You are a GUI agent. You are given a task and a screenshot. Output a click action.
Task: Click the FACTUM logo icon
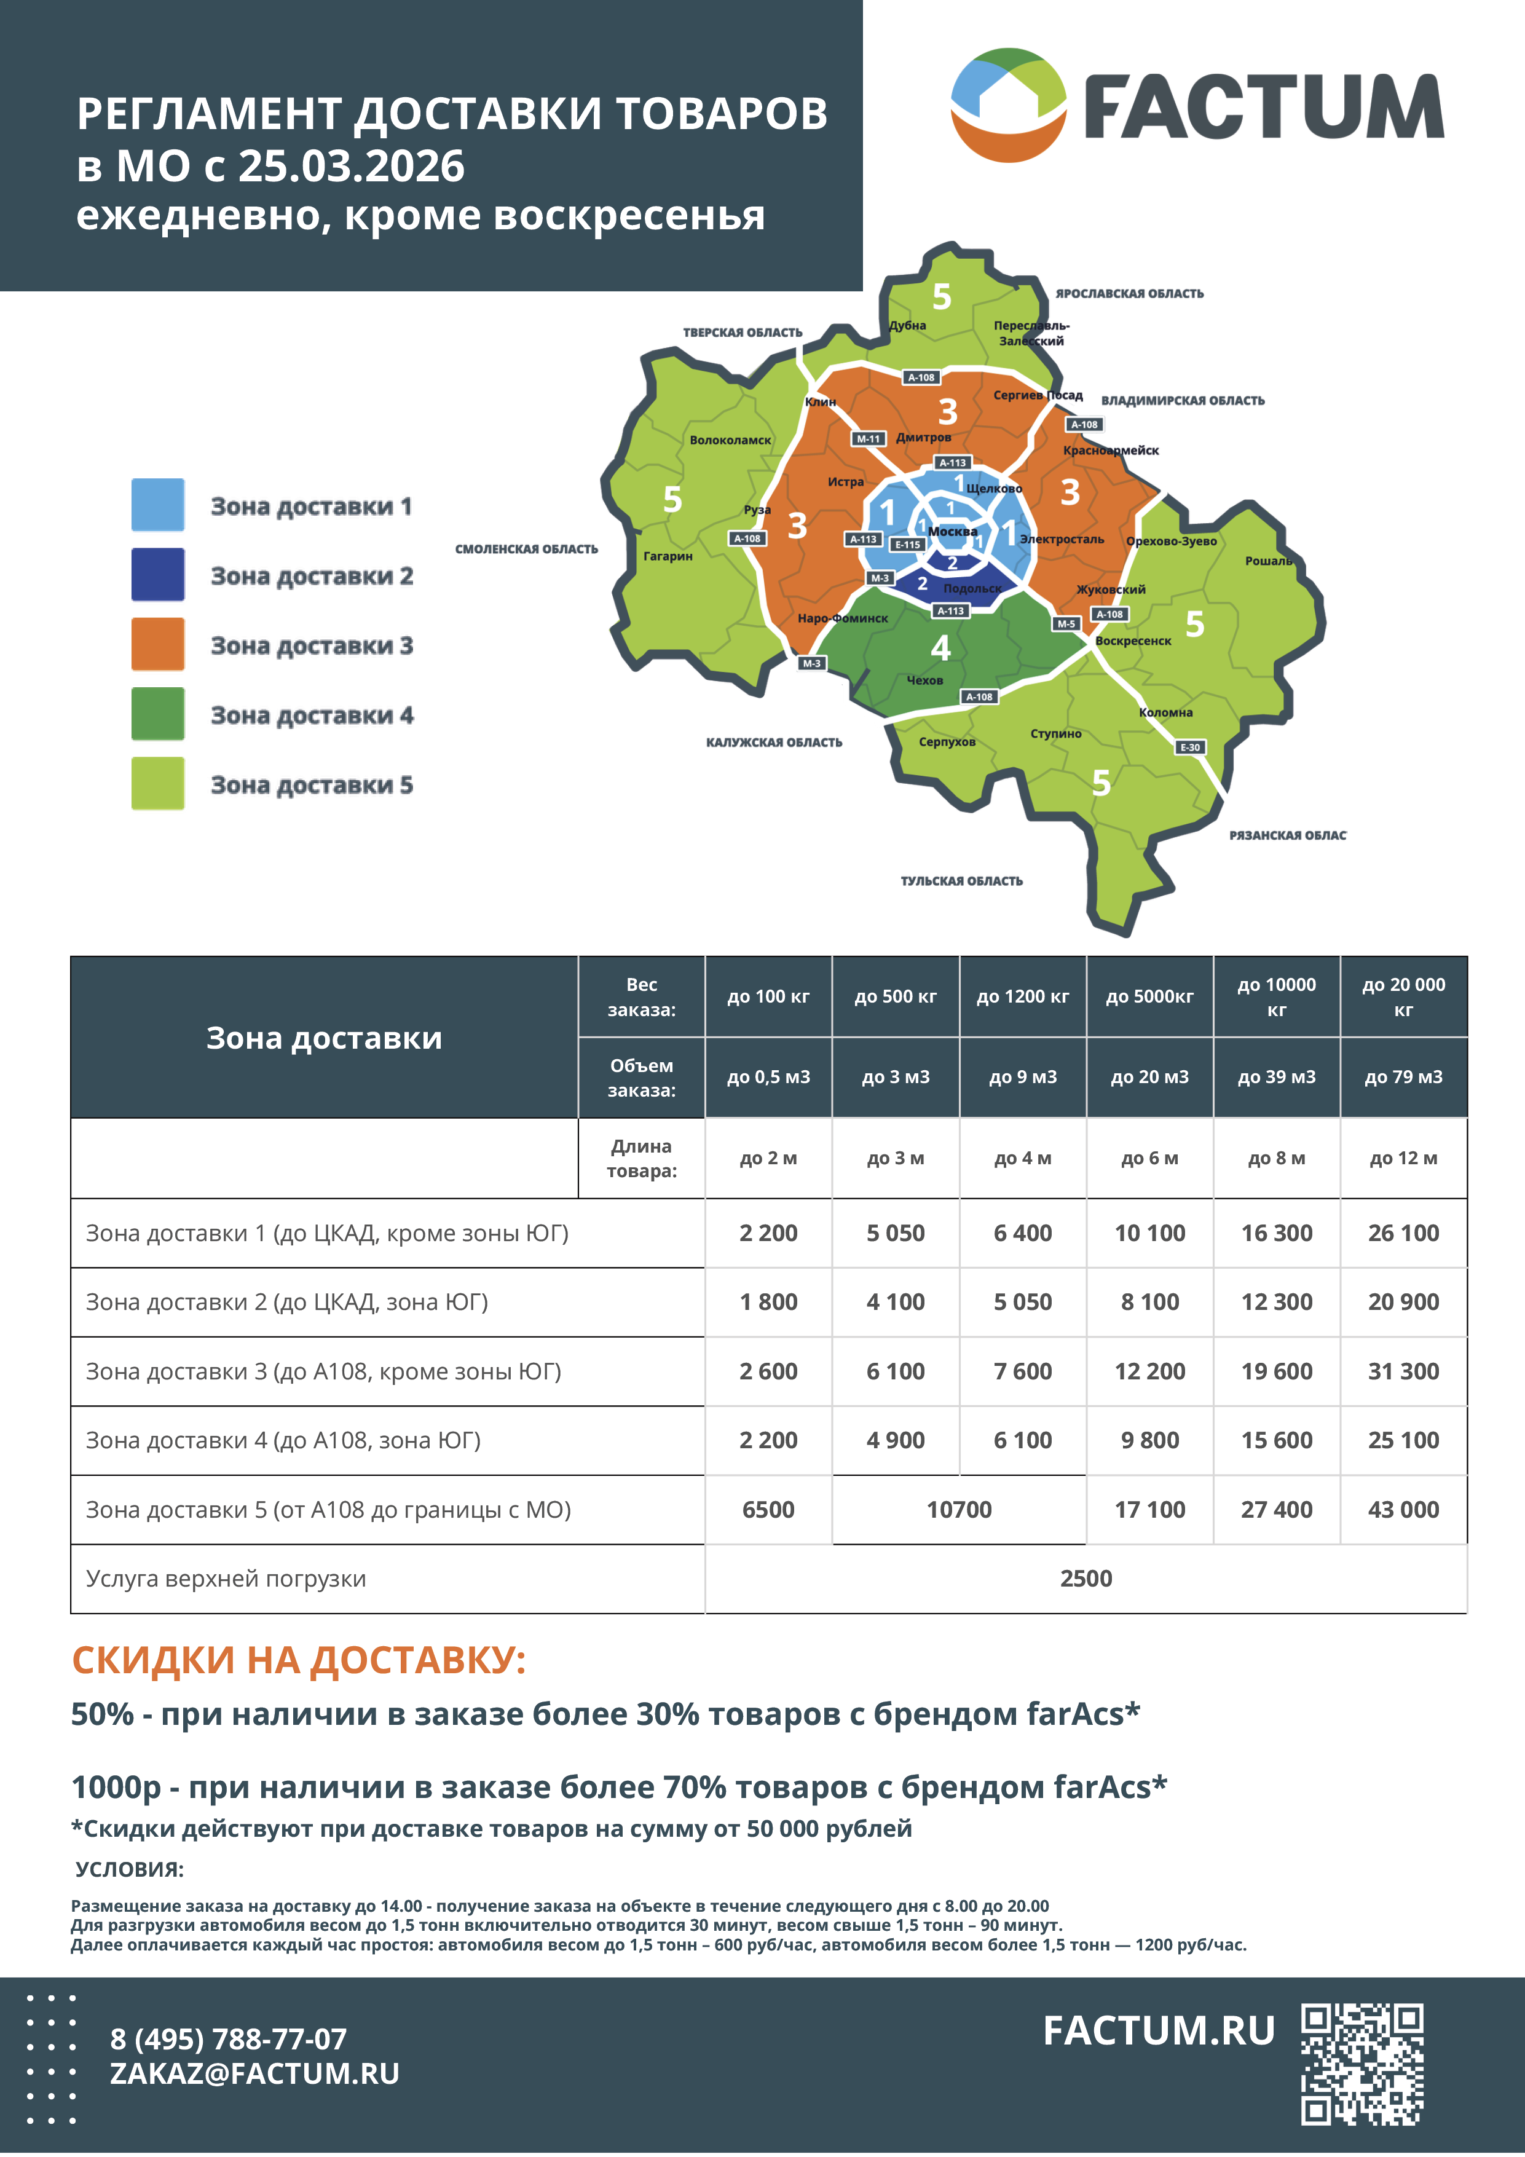click(x=1008, y=105)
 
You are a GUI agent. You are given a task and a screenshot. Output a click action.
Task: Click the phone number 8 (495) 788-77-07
click(x=228, y=2038)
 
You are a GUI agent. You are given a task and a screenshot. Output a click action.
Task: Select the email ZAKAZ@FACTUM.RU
click(x=254, y=2073)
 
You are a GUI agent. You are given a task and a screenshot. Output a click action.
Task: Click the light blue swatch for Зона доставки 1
click(x=158, y=505)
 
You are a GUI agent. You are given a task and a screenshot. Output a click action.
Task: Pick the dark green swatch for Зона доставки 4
click(x=158, y=714)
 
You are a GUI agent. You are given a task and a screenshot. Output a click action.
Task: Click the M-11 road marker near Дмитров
click(x=868, y=439)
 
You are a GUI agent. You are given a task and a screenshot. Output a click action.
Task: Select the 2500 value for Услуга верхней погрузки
click(x=1086, y=1579)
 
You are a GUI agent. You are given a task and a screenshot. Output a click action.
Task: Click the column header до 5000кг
click(x=1149, y=997)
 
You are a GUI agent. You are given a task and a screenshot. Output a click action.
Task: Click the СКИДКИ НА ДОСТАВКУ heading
click(x=299, y=1660)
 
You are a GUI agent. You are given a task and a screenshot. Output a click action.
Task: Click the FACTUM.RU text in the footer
click(x=1159, y=2030)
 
